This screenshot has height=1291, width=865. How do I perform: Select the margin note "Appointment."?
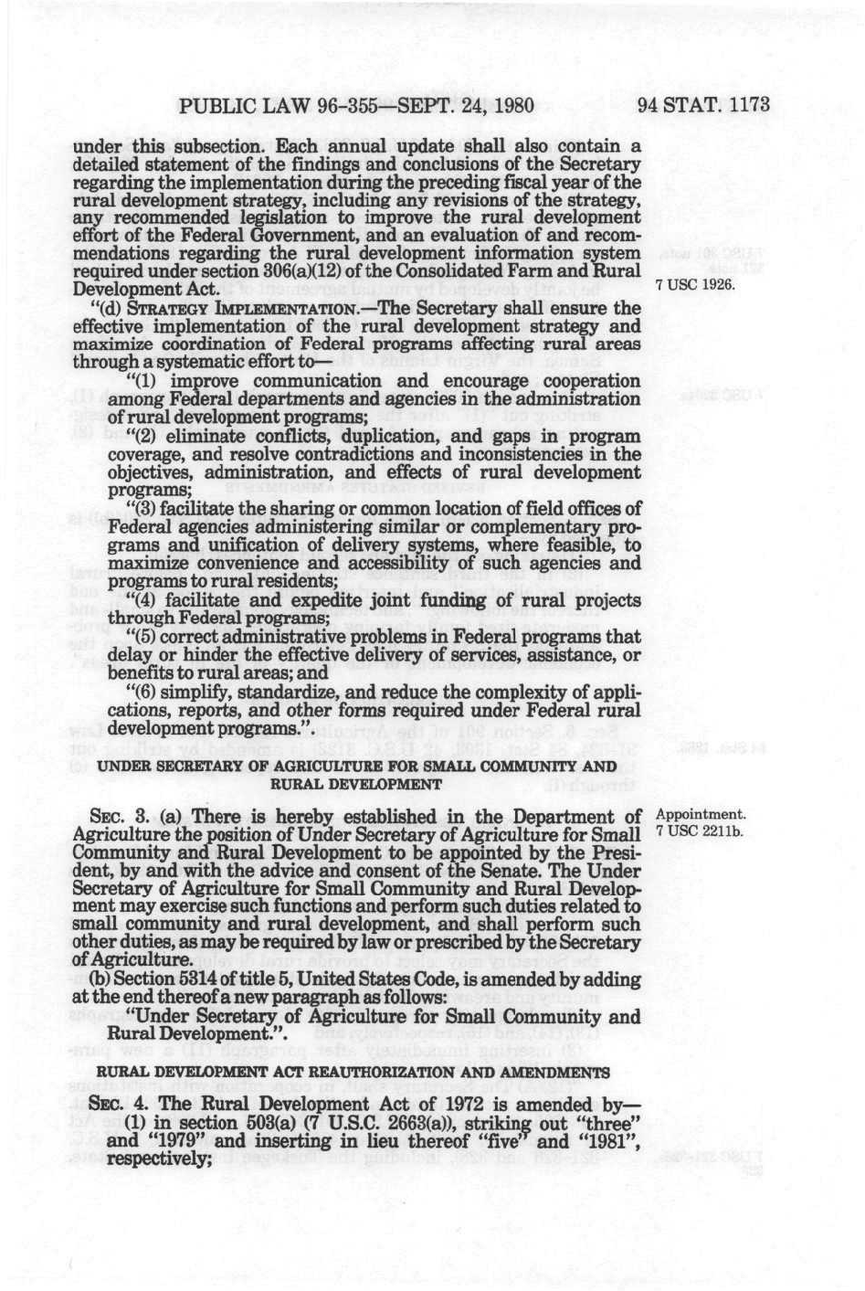[701, 813]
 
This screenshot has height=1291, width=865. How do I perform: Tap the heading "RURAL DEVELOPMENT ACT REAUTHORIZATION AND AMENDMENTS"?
[359, 1071]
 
